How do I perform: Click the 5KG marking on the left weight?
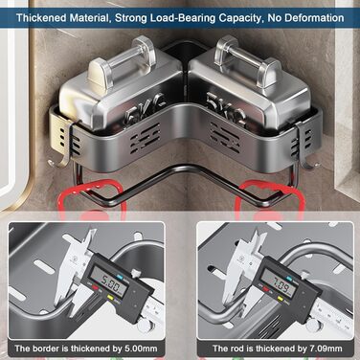(146, 108)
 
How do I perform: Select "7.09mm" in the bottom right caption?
(326, 349)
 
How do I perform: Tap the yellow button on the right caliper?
(281, 299)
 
